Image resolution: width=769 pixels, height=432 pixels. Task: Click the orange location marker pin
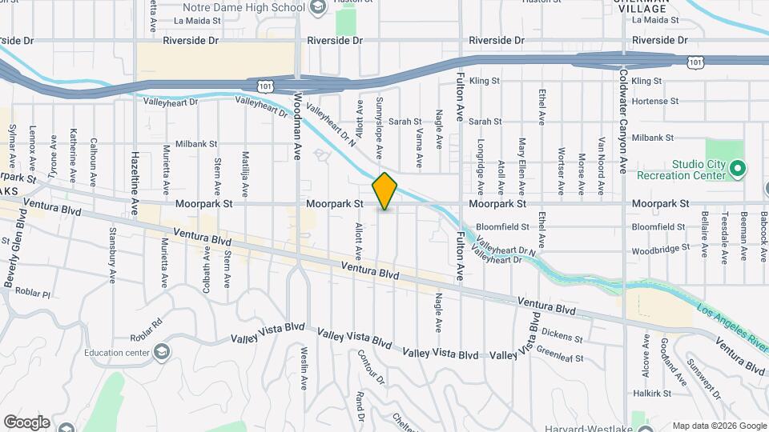(x=384, y=190)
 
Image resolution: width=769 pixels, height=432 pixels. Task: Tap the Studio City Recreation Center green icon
(x=739, y=168)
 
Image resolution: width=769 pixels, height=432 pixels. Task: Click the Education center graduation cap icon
(x=163, y=352)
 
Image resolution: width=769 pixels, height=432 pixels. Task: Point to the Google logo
(x=26, y=422)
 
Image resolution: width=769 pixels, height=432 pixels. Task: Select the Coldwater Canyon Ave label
(x=622, y=120)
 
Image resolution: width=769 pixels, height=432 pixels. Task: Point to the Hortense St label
(x=654, y=102)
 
